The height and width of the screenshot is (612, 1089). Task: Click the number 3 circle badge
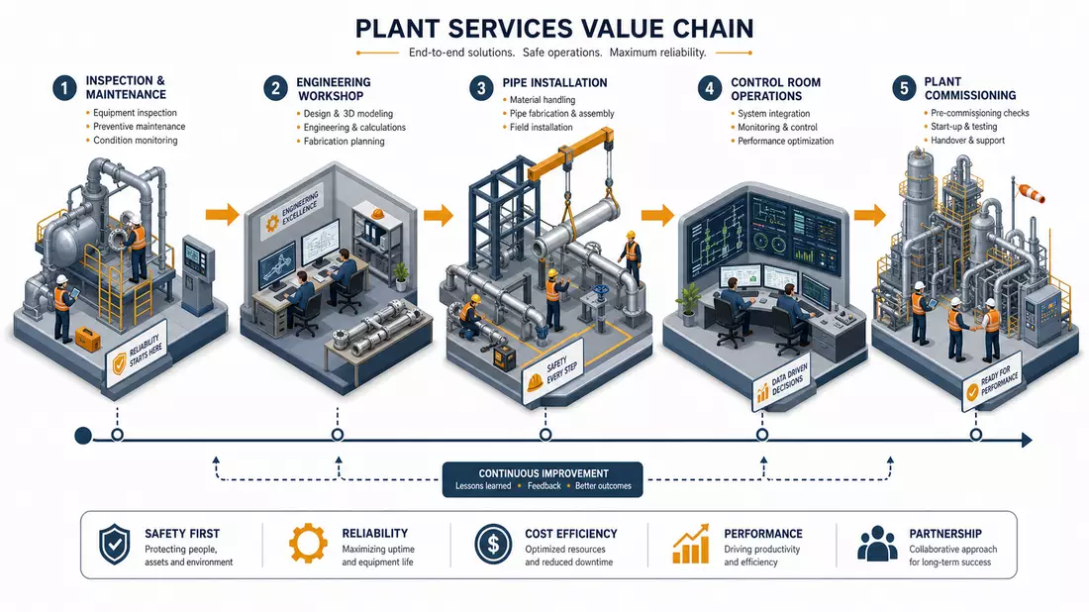click(x=481, y=89)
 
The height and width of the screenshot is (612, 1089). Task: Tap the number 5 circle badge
click(x=904, y=88)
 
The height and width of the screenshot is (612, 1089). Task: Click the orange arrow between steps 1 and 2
click(x=222, y=214)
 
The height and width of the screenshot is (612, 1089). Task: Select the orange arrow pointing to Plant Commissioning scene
click(x=870, y=215)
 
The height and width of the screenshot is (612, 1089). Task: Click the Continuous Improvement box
click(x=543, y=479)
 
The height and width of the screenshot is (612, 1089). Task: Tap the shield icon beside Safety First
click(x=115, y=545)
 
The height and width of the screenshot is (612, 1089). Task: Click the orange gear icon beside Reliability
click(x=308, y=544)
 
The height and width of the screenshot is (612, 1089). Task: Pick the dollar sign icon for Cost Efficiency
click(x=493, y=544)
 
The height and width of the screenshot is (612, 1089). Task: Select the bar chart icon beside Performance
click(x=691, y=544)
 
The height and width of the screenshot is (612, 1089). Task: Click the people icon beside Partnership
click(x=877, y=544)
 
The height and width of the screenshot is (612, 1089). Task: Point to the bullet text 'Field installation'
click(x=541, y=127)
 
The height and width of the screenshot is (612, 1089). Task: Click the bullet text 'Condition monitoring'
click(x=136, y=141)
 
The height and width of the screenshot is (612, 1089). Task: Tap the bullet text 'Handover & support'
click(x=967, y=141)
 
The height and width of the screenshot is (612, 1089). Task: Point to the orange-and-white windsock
click(x=1032, y=193)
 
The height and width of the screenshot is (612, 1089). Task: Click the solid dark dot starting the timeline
click(x=83, y=436)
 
